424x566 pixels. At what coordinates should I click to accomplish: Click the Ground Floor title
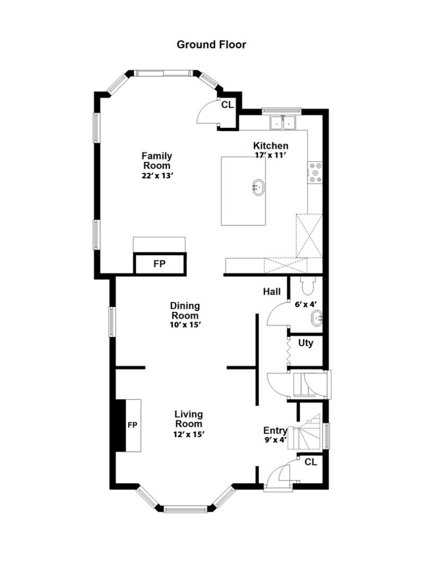click(x=211, y=45)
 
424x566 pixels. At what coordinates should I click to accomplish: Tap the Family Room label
click(x=157, y=161)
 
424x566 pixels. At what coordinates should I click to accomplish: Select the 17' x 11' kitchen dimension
click(x=270, y=155)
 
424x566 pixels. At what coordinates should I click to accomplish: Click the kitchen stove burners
click(x=315, y=172)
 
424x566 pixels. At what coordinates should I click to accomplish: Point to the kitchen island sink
click(x=258, y=187)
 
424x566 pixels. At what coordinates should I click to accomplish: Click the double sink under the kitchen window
click(x=283, y=123)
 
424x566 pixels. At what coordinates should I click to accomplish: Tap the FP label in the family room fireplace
click(x=160, y=264)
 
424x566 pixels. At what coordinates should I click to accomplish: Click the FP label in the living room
click(x=132, y=425)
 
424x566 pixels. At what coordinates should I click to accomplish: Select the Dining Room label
click(x=185, y=310)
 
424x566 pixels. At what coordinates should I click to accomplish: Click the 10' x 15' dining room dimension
click(x=185, y=325)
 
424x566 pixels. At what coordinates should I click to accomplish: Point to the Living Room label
click(x=189, y=419)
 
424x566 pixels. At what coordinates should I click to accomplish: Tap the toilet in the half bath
click(x=307, y=285)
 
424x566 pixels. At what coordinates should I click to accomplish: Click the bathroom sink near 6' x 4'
click(x=316, y=318)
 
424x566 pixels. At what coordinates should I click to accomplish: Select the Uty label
click(x=306, y=343)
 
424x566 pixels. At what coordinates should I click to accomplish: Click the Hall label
click(x=272, y=292)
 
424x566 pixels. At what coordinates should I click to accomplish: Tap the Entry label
click(x=275, y=431)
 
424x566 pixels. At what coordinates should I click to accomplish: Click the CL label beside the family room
click(x=227, y=105)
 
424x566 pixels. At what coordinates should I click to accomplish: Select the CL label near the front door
click(x=311, y=462)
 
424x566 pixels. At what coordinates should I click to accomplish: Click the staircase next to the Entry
click(x=304, y=432)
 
